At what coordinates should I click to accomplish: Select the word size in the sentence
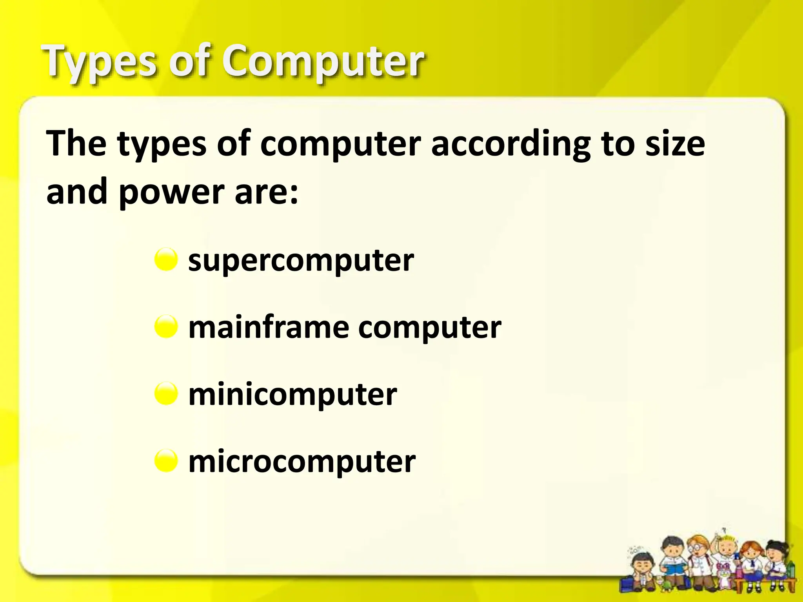click(x=675, y=144)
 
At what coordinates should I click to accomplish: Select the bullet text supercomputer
click(x=301, y=261)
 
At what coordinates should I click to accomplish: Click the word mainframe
click(x=269, y=327)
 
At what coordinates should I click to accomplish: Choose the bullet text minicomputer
click(x=292, y=394)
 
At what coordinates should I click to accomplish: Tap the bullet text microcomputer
click(x=302, y=461)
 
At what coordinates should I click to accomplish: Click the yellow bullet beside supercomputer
click(x=166, y=259)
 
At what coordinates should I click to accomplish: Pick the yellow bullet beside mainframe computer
click(x=166, y=326)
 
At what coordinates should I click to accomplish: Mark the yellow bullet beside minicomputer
click(x=166, y=393)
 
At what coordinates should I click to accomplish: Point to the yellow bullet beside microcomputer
click(x=166, y=461)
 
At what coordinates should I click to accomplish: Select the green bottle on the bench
click(x=791, y=569)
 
